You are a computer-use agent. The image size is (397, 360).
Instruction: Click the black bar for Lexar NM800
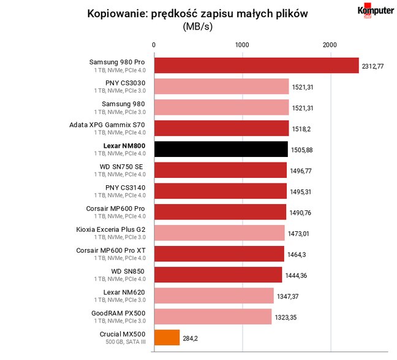[x=221, y=149]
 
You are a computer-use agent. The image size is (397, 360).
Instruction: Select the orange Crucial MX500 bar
[x=167, y=337]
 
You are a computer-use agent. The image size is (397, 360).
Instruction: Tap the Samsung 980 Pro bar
[x=257, y=66]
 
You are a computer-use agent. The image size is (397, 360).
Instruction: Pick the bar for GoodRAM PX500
[x=213, y=316]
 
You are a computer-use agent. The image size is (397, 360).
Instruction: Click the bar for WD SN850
[x=218, y=275]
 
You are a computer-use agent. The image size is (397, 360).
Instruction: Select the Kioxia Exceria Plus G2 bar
[x=219, y=232]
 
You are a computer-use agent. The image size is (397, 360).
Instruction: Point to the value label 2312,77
[x=372, y=66]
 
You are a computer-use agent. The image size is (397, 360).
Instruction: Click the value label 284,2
[x=190, y=339]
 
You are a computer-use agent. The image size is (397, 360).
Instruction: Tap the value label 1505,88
[x=302, y=150]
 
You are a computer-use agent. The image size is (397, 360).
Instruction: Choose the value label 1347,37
[x=287, y=296]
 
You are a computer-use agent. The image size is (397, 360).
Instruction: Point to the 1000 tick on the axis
[x=242, y=45]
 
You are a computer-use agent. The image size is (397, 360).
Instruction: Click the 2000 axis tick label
[x=330, y=45]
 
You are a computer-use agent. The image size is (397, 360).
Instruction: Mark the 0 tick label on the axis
[x=154, y=45]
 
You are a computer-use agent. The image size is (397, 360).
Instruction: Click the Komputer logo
[x=376, y=10]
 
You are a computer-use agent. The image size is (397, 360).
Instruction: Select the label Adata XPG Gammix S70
[x=107, y=125]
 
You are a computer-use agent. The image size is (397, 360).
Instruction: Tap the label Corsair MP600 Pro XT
[x=111, y=250]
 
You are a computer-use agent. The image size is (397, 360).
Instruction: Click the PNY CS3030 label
[x=126, y=83]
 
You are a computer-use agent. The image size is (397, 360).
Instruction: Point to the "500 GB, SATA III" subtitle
[x=126, y=342]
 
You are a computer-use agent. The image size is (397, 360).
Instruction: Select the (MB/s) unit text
[x=198, y=26]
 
